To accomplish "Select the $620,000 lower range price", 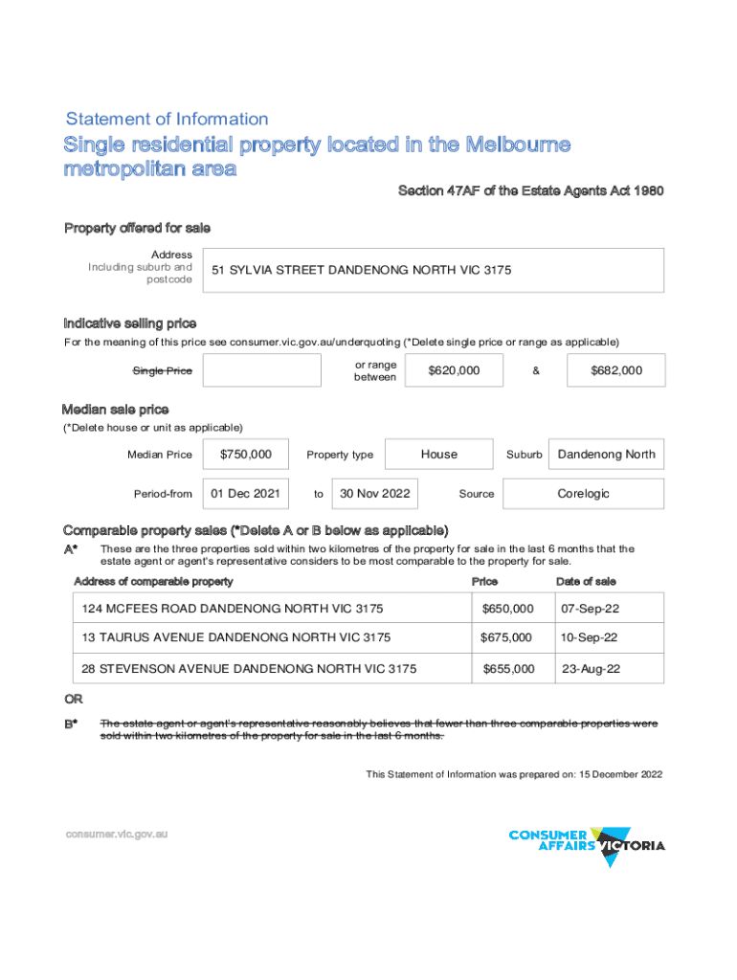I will point(455,370).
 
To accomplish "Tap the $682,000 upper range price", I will point(615,370).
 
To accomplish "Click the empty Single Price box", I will point(261,370).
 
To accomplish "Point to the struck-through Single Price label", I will point(162,371).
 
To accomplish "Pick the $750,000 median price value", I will point(246,455).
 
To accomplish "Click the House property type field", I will point(439,455).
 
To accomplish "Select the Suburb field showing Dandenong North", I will point(607,455).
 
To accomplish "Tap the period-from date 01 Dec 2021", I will point(245,494).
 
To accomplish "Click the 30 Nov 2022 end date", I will point(375,494).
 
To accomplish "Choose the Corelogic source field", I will point(583,494).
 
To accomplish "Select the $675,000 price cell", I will point(507,637).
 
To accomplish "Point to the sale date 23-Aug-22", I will point(591,669).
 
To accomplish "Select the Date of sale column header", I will point(586,582).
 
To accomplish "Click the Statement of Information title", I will point(167,120).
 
